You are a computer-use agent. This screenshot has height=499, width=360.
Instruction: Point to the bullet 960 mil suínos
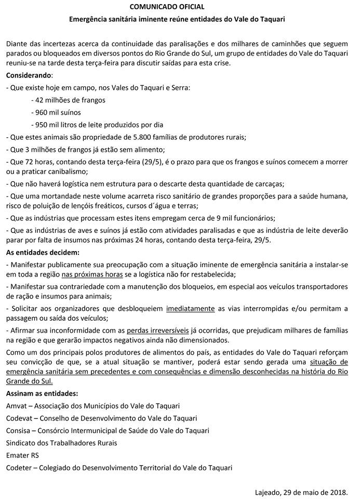tap(56, 112)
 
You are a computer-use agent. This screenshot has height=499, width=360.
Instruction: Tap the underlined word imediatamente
tap(190, 308)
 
